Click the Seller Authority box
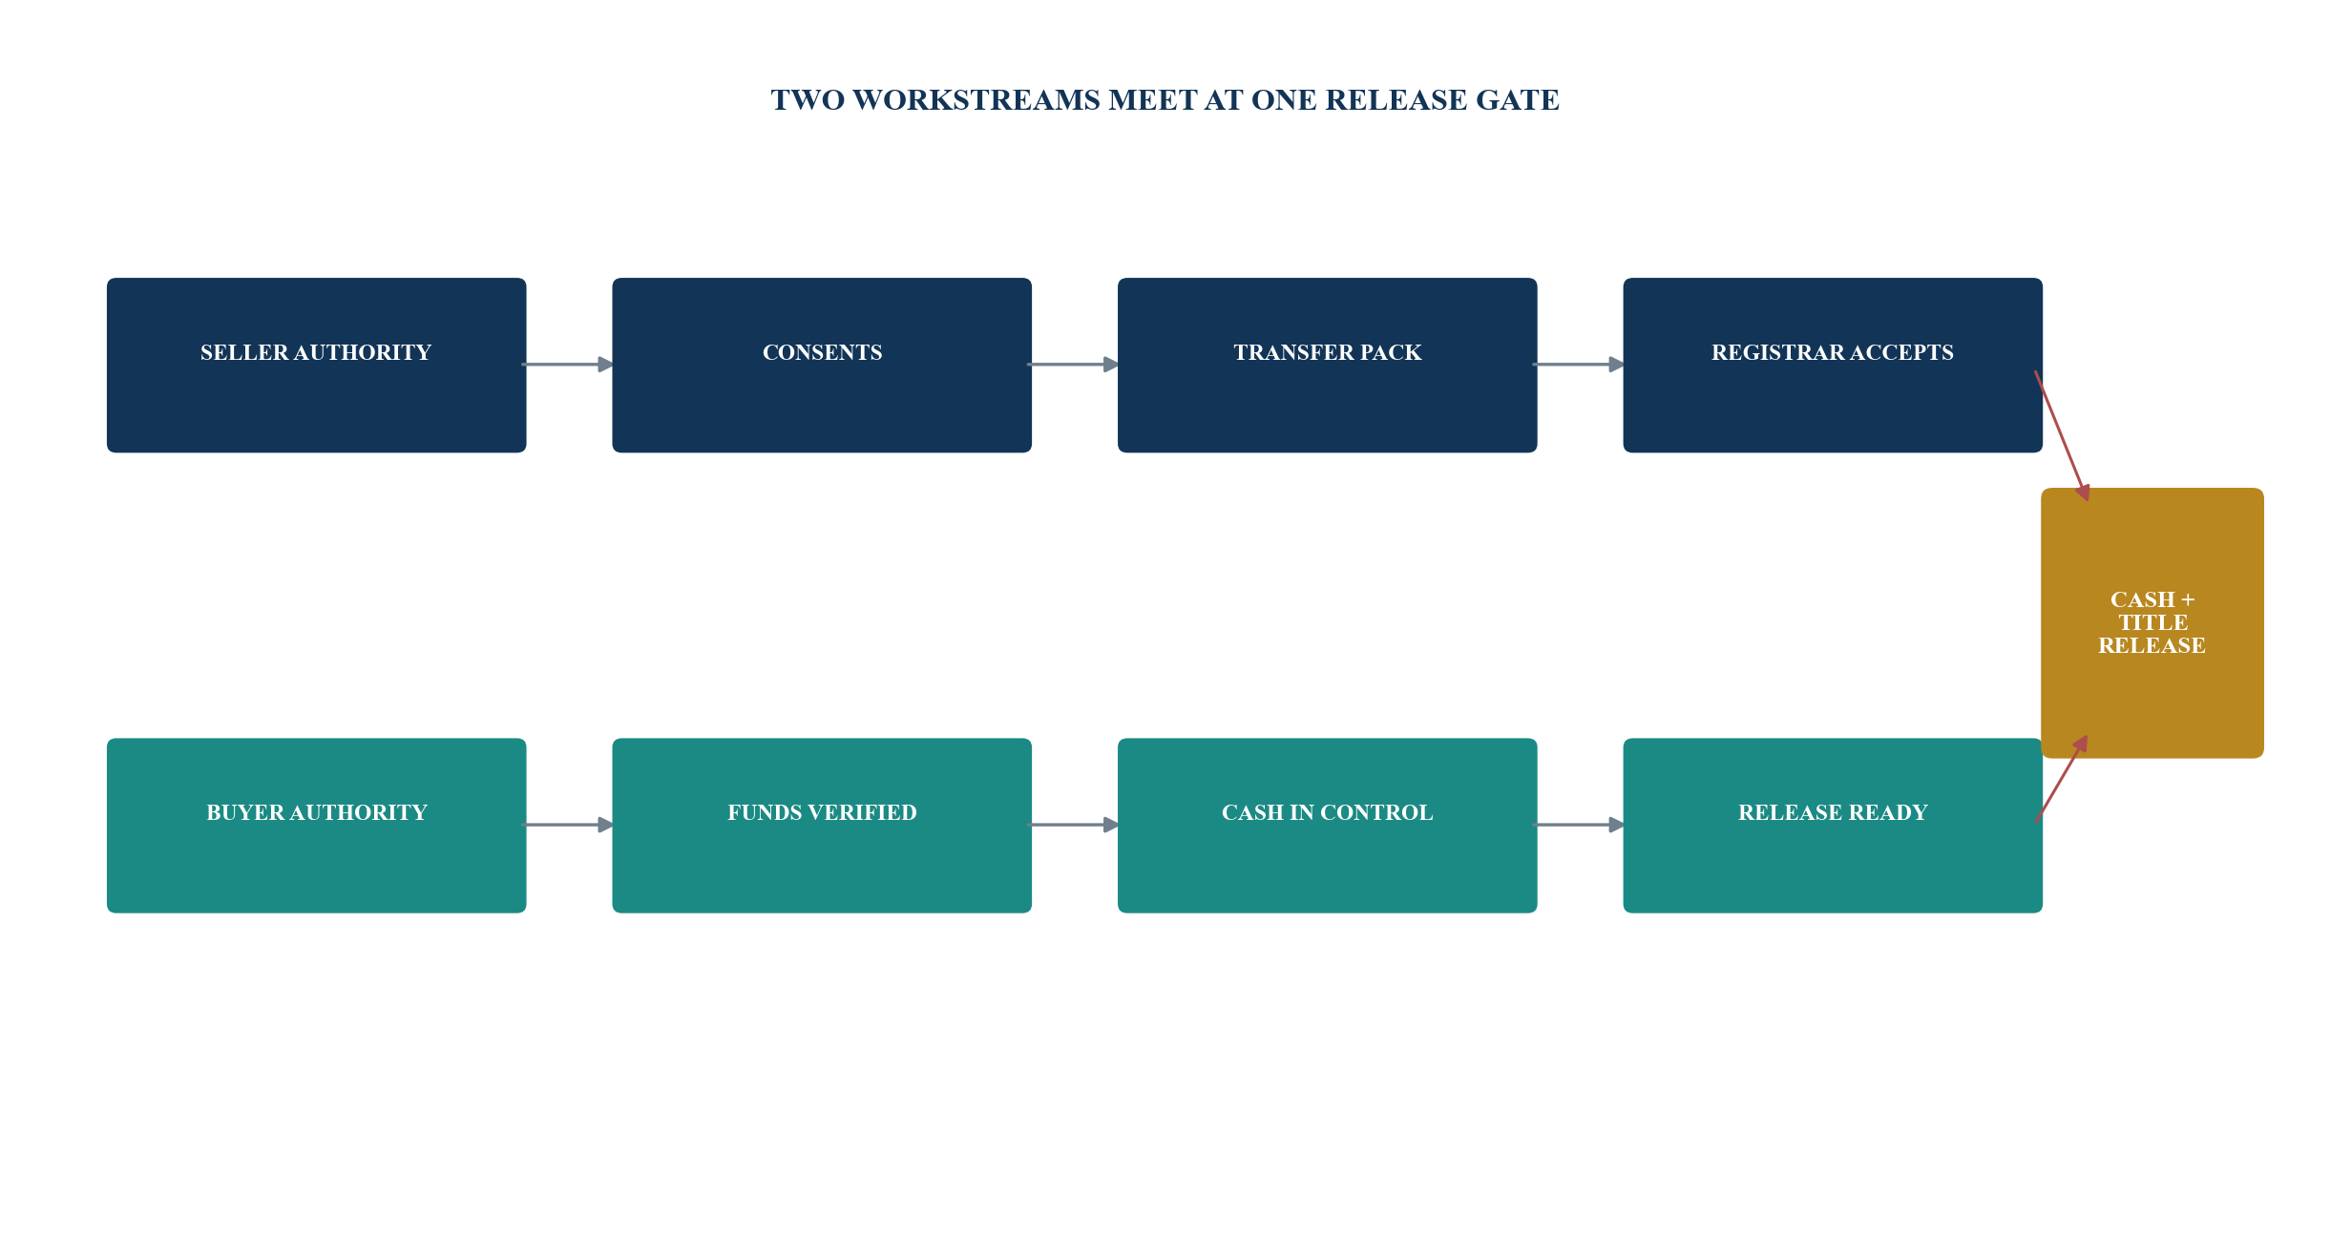316,365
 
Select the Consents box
822,365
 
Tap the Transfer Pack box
1327,365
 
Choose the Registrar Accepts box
1833,365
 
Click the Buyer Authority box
316,825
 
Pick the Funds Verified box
822,825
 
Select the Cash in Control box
1327,825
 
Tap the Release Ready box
1833,825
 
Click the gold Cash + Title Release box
2152,622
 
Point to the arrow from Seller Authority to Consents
568,365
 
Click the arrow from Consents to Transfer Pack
1074,365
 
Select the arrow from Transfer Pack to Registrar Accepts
1579,365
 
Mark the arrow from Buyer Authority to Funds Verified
568,825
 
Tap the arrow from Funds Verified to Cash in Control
1074,825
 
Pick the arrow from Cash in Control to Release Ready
1579,825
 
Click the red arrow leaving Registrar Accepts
2062,436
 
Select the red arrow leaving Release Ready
2061,778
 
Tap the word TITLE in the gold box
2152,622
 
